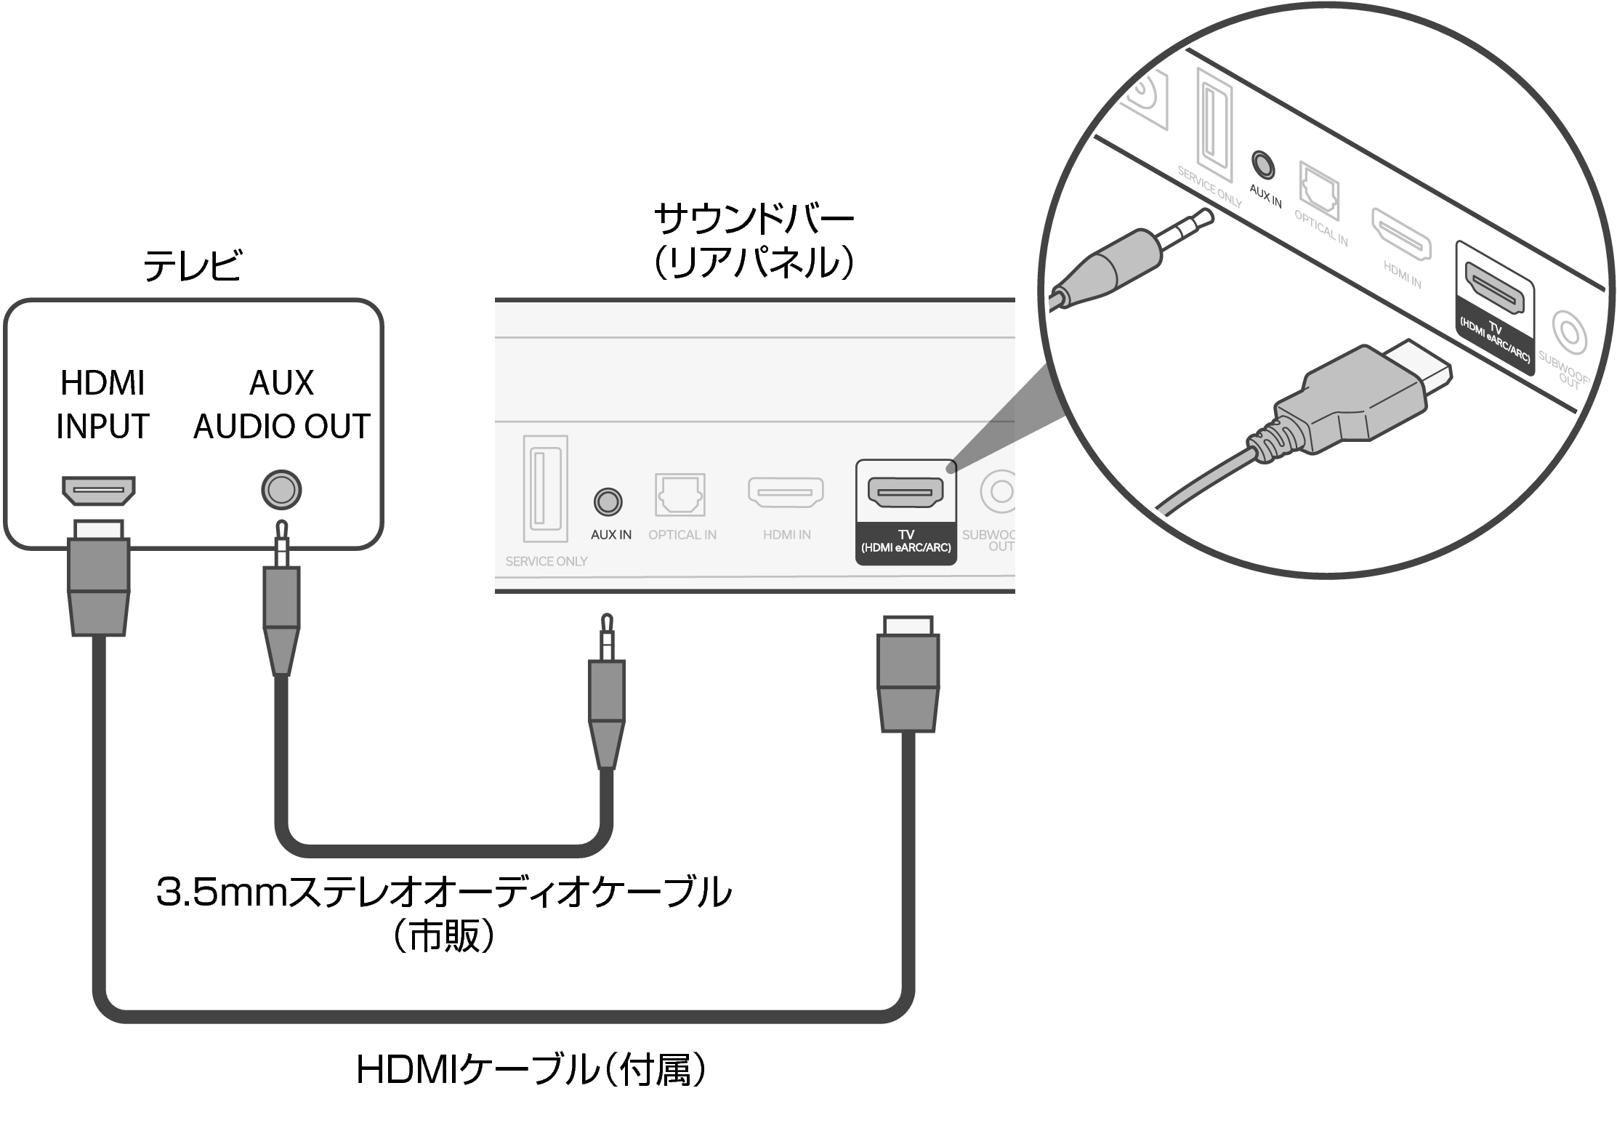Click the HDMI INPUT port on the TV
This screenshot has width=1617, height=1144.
[x=98, y=491]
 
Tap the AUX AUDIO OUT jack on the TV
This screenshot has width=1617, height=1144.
[x=281, y=491]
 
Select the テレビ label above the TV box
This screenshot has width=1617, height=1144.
[x=192, y=266]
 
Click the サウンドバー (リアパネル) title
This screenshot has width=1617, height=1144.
[x=754, y=241]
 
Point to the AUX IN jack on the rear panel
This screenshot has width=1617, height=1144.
[x=608, y=501]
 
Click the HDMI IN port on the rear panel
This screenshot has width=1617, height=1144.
[x=786, y=493]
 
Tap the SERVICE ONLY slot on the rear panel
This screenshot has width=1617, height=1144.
[x=545, y=488]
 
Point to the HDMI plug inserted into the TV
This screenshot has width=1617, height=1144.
[x=99, y=578]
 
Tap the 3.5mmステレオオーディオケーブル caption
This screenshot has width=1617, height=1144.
[x=443, y=893]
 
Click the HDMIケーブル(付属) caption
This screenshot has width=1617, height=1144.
[x=531, y=1070]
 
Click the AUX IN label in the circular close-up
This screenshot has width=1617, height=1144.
[x=1265, y=196]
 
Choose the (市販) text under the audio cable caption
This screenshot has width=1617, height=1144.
[x=443, y=936]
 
